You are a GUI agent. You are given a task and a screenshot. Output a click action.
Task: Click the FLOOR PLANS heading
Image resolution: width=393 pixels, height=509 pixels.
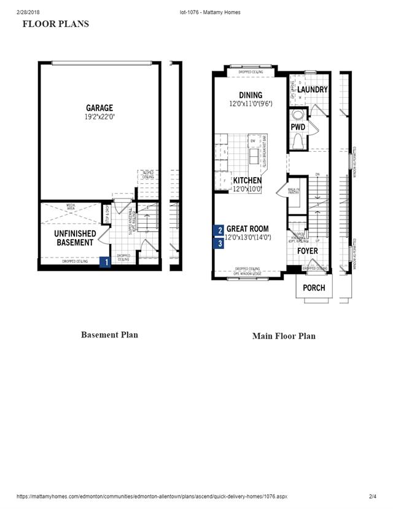pos(55,24)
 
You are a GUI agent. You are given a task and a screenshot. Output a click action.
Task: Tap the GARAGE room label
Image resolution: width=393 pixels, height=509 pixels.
pos(99,108)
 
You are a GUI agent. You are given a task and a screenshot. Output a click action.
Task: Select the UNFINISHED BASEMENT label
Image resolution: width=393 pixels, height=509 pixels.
pos(75,238)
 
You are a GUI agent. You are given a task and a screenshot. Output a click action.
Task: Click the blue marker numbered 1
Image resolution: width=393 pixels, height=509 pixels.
pos(106,262)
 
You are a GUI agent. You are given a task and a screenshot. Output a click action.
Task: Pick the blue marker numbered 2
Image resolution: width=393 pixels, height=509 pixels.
pos(219,231)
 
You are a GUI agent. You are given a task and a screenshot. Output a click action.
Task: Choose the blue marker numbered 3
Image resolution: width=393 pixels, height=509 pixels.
pos(219,243)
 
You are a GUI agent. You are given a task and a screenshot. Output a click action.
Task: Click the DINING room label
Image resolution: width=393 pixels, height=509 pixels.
pos(250,95)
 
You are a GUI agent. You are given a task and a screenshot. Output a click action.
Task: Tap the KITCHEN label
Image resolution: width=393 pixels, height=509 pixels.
pos(247,180)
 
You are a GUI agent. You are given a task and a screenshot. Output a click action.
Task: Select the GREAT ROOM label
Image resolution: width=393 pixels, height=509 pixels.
pos(247,229)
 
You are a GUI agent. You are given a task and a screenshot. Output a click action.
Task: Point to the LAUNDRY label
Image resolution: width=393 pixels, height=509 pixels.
pos(313,90)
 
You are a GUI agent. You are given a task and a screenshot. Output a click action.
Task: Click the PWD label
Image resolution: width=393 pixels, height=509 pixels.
pos(298,127)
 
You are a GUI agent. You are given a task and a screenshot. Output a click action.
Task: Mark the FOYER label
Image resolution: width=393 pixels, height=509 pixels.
pos(308,251)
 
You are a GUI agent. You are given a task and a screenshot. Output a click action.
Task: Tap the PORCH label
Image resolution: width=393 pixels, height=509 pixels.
pos(314,288)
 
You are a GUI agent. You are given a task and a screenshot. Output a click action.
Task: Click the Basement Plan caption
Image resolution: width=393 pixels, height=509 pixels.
pos(109,335)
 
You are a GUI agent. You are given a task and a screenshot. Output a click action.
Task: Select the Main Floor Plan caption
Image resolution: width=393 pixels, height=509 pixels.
pos(284,336)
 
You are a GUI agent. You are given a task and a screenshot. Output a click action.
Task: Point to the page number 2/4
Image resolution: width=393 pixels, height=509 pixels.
pos(372,496)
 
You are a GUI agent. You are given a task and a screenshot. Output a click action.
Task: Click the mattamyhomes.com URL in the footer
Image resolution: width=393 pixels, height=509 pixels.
pos(152,496)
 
